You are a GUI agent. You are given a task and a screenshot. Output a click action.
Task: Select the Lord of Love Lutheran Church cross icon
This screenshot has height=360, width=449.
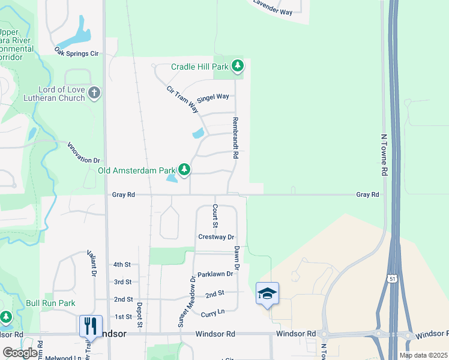(94, 93)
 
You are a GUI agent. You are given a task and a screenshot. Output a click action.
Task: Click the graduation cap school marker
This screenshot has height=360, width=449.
(267, 293)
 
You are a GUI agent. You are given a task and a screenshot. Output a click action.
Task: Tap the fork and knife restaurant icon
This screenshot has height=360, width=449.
(91, 326)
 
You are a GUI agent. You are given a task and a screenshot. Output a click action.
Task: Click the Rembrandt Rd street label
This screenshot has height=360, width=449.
(236, 137)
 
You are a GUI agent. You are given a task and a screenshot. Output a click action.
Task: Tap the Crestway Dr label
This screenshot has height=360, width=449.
(216, 237)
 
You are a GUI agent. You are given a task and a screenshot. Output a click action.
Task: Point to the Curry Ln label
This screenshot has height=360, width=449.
(212, 313)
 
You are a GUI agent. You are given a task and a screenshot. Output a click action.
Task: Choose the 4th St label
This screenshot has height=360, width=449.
(122, 265)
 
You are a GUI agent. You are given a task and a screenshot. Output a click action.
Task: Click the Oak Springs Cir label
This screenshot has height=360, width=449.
(76, 52)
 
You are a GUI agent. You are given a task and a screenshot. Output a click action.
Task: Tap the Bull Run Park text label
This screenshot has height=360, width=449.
(50, 303)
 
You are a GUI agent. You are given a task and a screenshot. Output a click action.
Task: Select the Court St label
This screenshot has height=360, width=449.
(215, 212)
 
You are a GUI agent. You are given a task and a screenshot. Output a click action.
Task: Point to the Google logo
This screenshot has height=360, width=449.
(20, 353)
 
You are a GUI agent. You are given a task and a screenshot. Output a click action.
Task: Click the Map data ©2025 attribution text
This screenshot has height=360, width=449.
(423, 355)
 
